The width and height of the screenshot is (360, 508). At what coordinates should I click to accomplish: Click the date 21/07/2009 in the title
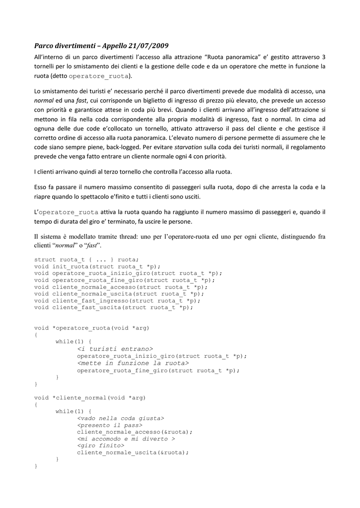coord(145,46)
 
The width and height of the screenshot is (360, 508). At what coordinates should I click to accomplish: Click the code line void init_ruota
coord(97,266)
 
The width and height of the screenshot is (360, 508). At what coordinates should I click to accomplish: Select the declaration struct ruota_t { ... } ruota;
coord(87,259)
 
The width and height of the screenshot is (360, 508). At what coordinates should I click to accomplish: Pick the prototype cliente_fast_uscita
coord(113,308)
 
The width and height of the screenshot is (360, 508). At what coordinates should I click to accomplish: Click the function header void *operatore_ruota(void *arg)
coord(92,328)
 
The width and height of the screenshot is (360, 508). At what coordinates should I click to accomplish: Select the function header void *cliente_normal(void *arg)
coord(90,397)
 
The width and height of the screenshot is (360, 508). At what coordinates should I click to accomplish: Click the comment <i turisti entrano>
coord(115,349)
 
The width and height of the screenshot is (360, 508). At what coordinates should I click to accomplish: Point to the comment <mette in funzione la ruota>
coord(126,363)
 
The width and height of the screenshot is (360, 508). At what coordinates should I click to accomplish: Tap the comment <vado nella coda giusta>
coord(121,418)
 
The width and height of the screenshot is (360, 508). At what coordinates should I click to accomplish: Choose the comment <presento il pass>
coord(110,425)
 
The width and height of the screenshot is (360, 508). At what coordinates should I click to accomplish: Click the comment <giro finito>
coord(101,445)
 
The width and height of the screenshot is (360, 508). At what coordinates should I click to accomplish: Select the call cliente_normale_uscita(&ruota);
coord(133,452)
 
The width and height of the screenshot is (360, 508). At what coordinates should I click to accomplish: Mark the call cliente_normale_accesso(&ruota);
coord(135,432)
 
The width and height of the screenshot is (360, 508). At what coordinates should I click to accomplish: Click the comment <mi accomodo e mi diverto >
coord(126,439)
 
